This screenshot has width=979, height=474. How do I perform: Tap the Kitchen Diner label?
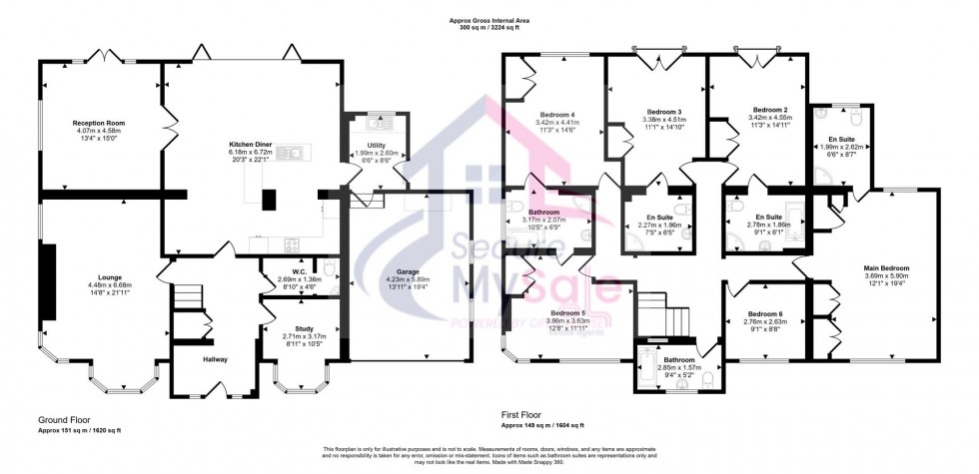pos(244,144)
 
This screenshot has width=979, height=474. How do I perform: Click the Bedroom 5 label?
pos(567,313)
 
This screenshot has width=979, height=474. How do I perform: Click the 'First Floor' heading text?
pos(524,412)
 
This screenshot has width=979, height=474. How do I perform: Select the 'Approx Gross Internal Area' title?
pos(488,20)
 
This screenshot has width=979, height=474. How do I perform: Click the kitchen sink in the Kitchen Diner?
pos(295,154)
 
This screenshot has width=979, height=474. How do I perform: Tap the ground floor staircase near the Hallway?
pos(185,297)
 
